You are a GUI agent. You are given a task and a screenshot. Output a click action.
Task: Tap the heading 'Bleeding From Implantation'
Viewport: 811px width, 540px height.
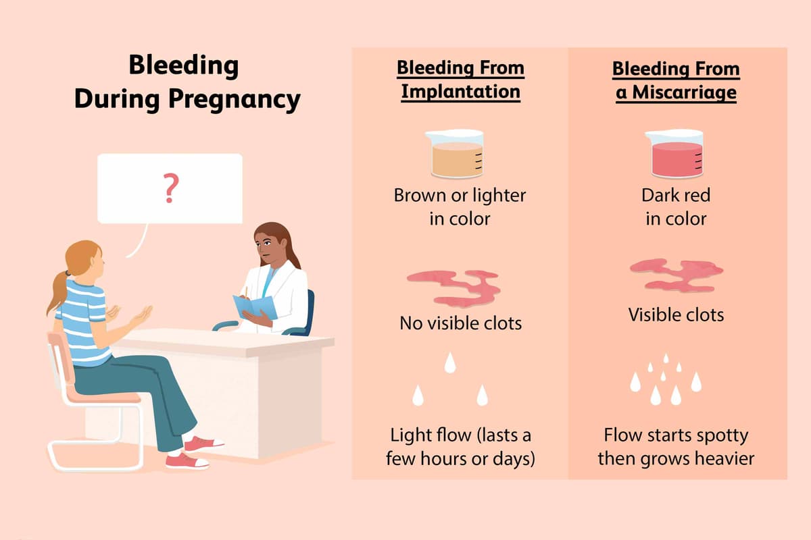pos(460,80)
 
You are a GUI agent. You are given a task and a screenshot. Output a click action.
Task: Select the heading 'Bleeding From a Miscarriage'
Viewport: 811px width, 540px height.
pos(676,80)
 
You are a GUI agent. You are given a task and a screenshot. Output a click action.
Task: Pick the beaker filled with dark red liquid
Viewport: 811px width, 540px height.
pos(674,156)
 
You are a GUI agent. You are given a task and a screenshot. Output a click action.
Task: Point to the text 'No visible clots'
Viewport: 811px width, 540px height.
pos(460,323)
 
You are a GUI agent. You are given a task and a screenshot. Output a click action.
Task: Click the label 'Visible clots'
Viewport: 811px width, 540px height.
pos(676,315)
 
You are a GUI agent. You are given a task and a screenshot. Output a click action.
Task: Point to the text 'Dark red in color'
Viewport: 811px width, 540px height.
pos(676,207)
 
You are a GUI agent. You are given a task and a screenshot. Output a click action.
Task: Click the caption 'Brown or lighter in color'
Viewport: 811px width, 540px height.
pos(460,207)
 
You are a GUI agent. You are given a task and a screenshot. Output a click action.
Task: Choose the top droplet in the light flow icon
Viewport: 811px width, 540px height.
pos(449,365)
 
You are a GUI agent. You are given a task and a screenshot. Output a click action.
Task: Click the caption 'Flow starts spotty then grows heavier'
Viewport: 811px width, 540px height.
pos(676,446)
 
